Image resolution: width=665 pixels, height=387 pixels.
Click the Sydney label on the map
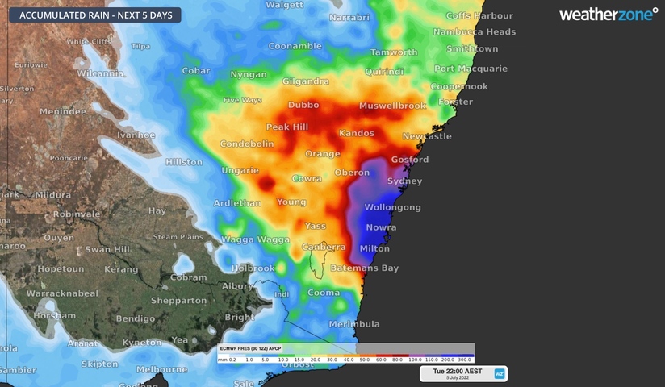coord(404,181)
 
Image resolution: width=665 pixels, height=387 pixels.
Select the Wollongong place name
coord(393,207)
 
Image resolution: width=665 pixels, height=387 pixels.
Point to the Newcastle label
coord(427,136)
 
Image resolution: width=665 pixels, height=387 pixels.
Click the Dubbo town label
coord(303,105)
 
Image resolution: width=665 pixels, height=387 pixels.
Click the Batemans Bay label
coord(367,268)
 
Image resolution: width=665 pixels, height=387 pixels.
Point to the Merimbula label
coord(354,324)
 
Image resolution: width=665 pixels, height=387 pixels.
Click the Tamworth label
coord(394,52)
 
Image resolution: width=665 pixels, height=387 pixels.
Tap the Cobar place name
coord(196,70)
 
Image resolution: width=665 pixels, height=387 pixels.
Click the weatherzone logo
coord(608,14)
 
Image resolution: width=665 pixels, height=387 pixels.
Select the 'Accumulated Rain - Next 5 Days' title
coord(90,15)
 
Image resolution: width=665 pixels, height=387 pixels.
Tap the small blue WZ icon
coord(500,373)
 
